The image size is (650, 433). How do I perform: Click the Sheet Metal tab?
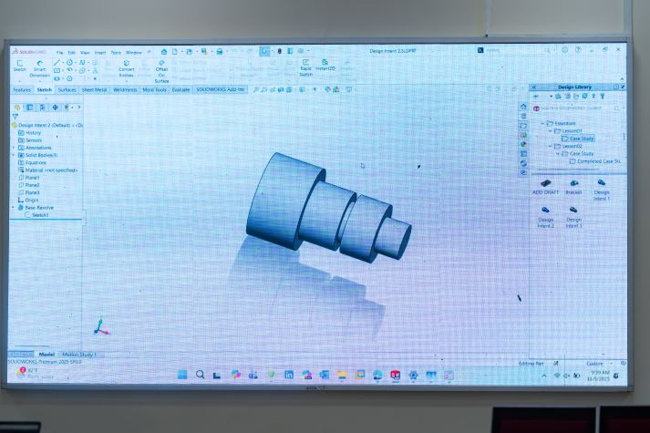pos(95,90)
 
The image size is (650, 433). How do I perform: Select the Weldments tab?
pos(125,90)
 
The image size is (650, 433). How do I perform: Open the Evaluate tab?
pos(181,90)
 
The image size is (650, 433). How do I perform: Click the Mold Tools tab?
pos(154,90)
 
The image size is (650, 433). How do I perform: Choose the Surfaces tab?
pos(67,90)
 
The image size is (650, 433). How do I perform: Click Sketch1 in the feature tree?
pos(40,215)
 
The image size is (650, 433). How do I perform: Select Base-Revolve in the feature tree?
pos(38,208)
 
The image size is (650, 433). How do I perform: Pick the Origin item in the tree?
pos(32,201)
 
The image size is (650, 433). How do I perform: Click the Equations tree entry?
pos(36,162)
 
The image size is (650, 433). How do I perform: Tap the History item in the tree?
pos(33,133)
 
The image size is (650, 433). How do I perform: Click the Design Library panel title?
pos(574,87)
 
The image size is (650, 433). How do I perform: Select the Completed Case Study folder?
pos(597,161)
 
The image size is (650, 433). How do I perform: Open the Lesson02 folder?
pos(572,146)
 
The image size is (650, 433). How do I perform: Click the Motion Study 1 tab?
pos(79,354)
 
